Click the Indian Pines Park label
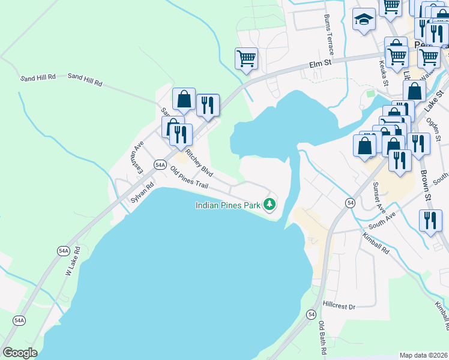(x=228, y=205)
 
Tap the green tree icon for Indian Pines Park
(x=270, y=205)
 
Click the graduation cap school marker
(x=364, y=21)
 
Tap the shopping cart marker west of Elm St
(x=247, y=59)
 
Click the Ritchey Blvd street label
(x=200, y=161)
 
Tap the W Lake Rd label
(x=72, y=264)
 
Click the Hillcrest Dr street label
(x=339, y=307)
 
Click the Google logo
(x=20, y=353)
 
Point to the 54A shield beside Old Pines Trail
(x=160, y=164)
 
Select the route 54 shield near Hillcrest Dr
(x=311, y=314)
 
